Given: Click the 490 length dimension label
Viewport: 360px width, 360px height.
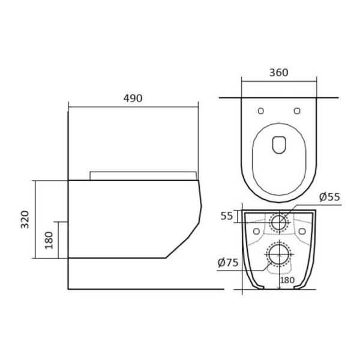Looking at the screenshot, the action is click(133, 98).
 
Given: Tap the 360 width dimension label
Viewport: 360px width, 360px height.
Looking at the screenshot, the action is click(279, 73).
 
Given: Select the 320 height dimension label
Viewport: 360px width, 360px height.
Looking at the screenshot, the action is click(25, 220).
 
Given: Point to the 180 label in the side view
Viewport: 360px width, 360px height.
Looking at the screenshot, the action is click(49, 241).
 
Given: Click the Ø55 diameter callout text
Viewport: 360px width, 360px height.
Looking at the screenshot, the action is click(329, 197).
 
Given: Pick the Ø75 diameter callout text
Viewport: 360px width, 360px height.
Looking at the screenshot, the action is click(228, 263).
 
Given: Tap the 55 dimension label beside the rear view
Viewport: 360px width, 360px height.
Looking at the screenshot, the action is click(227, 216).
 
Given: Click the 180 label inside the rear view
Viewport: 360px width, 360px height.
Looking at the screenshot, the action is click(287, 280).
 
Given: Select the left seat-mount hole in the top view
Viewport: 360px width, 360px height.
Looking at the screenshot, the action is click(261, 111).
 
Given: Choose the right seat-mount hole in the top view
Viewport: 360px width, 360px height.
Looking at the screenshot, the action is click(297, 111).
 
